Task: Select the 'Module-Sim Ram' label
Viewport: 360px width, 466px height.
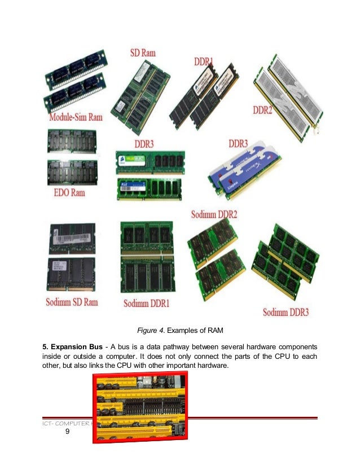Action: coord(76,117)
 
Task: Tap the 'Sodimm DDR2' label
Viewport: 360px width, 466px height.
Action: coord(214,213)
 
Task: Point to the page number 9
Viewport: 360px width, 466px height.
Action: coord(67,433)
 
